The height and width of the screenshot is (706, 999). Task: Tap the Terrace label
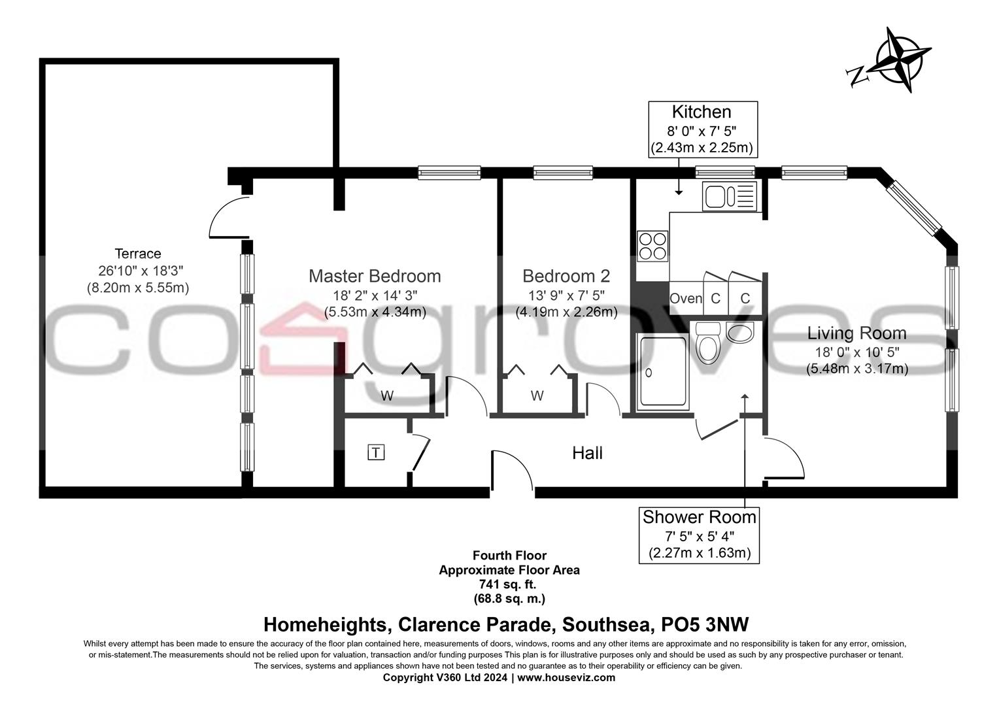point(138,254)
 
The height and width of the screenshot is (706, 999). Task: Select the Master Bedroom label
point(375,276)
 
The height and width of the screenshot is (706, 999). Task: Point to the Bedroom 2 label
point(566,276)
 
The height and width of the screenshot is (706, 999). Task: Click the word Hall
point(587,453)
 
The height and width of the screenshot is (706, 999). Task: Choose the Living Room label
point(856,333)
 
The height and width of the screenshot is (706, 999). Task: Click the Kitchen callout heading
point(702,112)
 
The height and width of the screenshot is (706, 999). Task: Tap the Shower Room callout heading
point(699,517)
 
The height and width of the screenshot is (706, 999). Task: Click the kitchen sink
point(730,196)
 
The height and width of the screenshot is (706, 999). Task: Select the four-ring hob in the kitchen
point(652,246)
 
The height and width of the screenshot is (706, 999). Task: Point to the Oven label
point(686,299)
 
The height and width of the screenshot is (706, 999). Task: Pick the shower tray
point(663,371)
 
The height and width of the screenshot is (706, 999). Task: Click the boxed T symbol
point(376,452)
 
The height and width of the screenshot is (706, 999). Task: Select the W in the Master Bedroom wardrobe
point(387,395)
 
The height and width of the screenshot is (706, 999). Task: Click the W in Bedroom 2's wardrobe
point(537,395)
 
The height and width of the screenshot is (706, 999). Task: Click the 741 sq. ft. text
point(509,584)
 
